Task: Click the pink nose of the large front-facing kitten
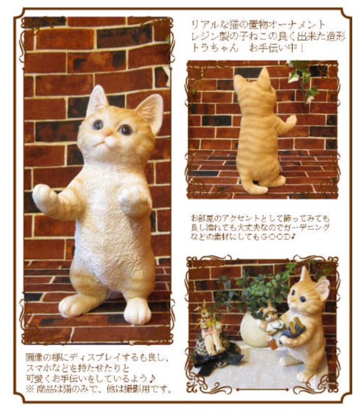click(x=107, y=133)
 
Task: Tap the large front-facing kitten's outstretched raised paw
click(x=42, y=195)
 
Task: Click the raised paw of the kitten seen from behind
click(x=291, y=120)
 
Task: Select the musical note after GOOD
click(x=294, y=237)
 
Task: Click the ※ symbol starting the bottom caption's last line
click(x=30, y=389)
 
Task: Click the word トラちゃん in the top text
click(x=215, y=48)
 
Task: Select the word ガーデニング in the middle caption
click(x=305, y=228)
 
